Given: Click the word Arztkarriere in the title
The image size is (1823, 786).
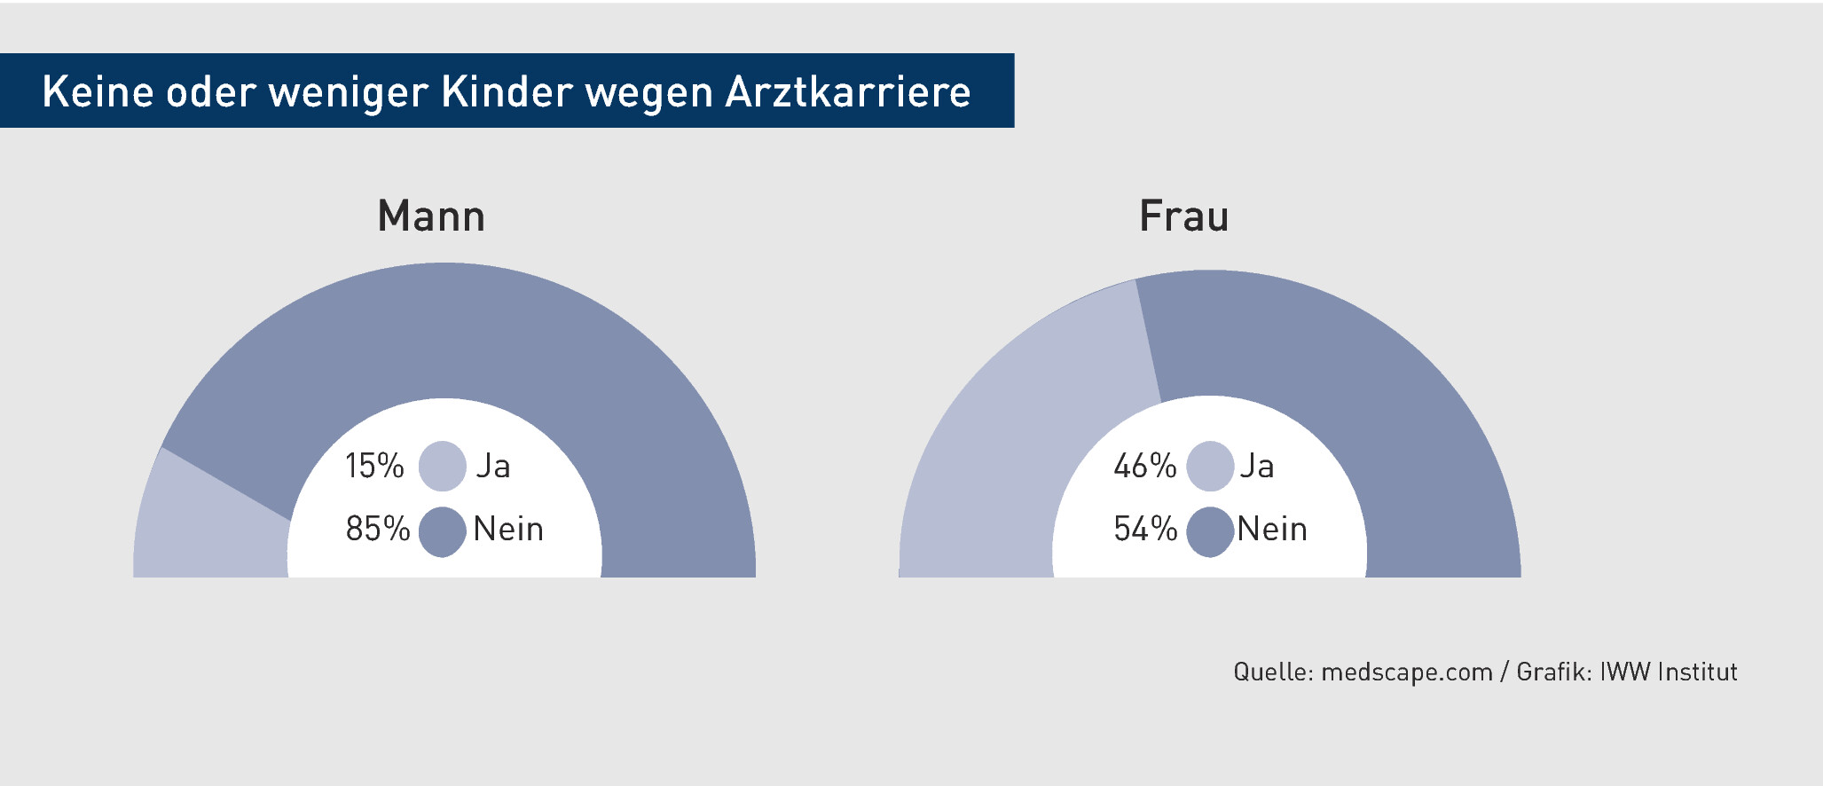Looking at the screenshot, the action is (x=848, y=91).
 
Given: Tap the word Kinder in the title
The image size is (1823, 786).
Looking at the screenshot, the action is (x=507, y=91).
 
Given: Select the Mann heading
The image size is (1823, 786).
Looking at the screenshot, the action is (x=431, y=216).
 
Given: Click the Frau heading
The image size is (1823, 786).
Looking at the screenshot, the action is (x=1184, y=216).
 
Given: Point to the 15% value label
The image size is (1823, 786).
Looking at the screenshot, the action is (x=374, y=466).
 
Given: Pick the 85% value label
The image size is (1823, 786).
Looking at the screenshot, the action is (x=378, y=529).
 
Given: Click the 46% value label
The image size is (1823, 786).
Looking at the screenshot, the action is (x=1145, y=466).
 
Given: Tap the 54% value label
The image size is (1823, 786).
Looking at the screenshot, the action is (x=1145, y=529).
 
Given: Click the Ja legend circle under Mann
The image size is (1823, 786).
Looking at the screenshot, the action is (x=443, y=466).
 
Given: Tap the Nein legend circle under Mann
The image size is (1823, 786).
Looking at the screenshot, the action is (x=443, y=531).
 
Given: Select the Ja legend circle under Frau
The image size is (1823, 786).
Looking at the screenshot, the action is (x=1210, y=466).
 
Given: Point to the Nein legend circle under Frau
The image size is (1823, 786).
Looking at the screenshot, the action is (x=1210, y=531).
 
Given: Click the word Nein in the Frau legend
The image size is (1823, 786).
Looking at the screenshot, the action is (x=1272, y=529).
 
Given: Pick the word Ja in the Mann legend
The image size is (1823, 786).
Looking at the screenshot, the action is (x=493, y=466).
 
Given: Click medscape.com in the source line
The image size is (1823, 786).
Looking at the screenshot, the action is (x=1407, y=672).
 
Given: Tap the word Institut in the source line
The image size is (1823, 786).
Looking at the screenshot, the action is (x=1697, y=672).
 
